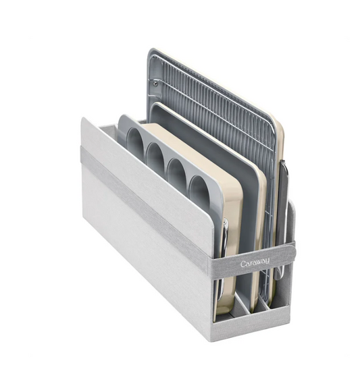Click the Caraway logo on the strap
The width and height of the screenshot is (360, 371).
click(x=255, y=262)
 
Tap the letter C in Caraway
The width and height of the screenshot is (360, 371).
click(x=242, y=264)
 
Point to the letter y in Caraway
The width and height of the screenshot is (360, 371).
click(x=267, y=261)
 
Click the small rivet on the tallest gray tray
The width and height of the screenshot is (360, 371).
click(x=155, y=84)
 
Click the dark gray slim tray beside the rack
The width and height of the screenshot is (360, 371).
click(x=283, y=213)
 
